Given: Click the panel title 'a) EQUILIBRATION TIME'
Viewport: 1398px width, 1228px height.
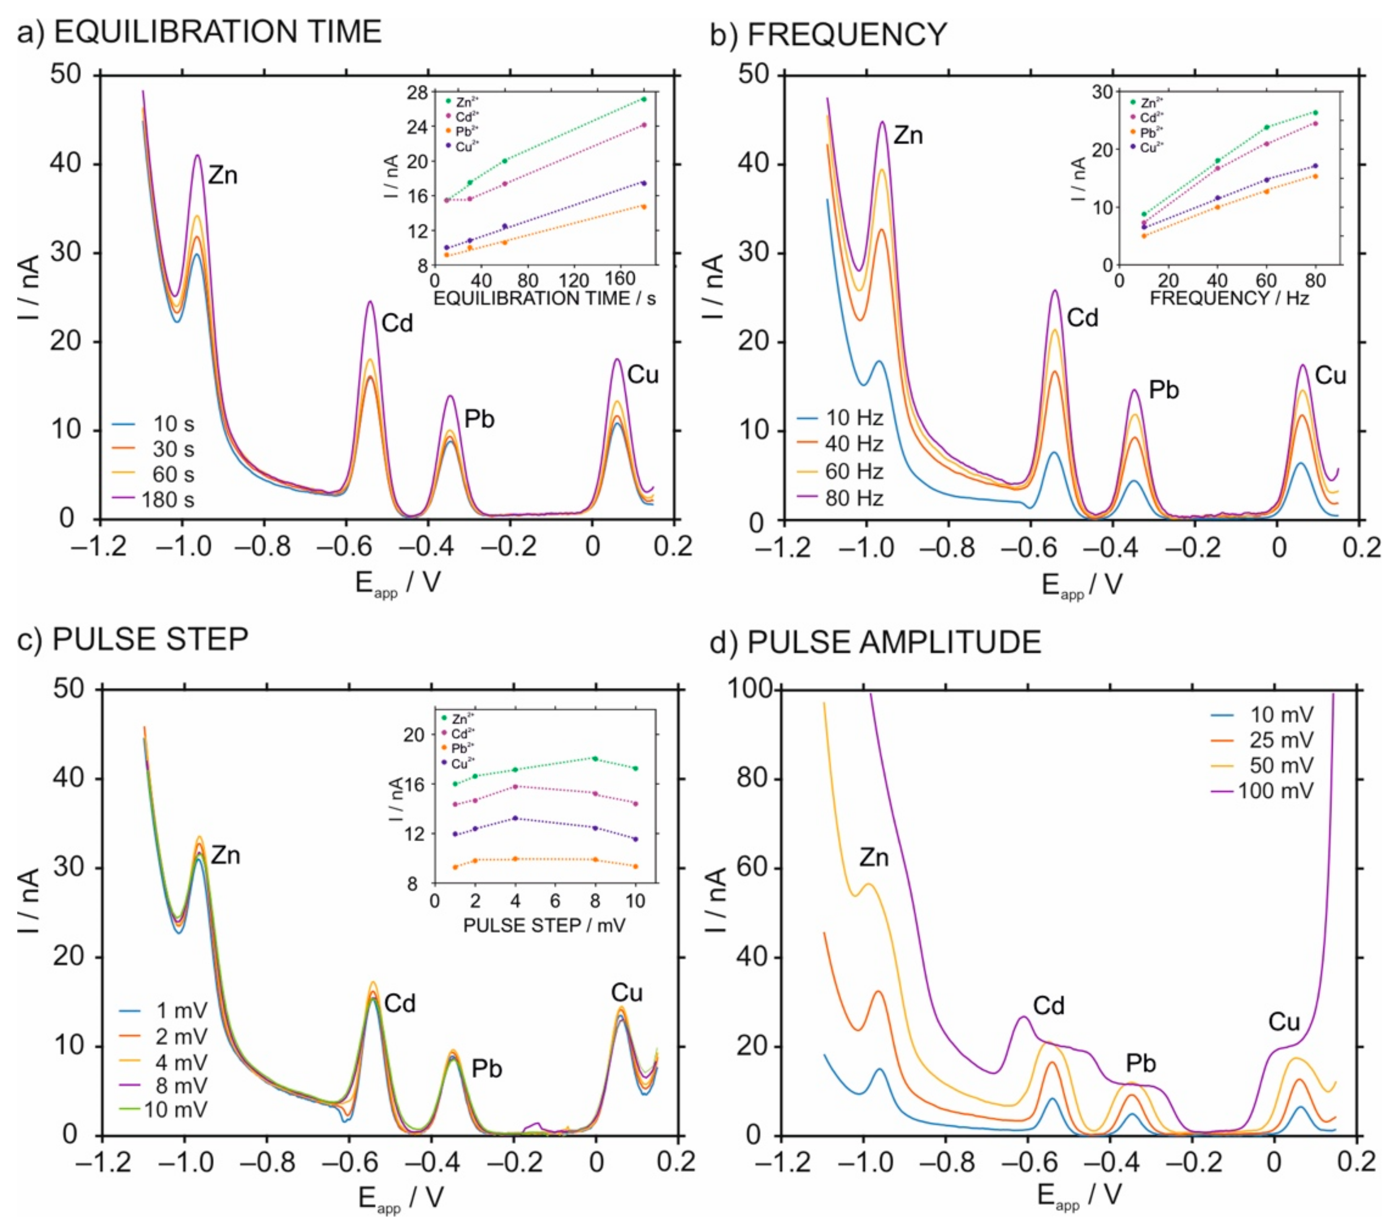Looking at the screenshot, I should click(199, 32).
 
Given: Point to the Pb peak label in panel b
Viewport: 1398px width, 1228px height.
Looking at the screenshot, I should click(1163, 390).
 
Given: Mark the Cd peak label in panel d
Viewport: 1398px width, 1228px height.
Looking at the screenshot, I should click(1048, 1006).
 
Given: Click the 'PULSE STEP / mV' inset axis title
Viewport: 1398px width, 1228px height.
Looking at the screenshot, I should click(544, 925).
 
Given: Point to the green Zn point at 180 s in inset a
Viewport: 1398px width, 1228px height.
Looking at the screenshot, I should click(643, 99).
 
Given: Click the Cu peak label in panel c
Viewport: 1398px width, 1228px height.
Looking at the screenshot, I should click(626, 993).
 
